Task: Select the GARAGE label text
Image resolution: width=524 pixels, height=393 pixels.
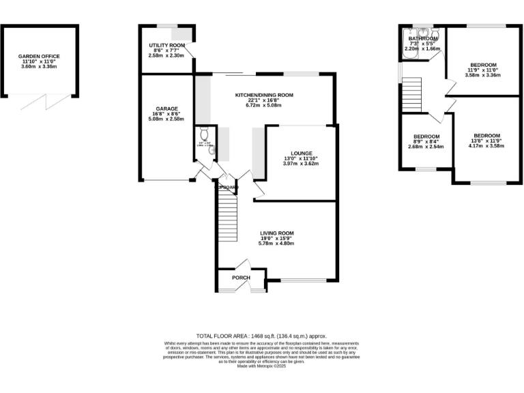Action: coord(166,108)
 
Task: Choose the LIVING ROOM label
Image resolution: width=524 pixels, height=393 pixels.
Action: coord(277,233)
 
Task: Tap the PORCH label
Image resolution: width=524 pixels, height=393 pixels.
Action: coord(241,278)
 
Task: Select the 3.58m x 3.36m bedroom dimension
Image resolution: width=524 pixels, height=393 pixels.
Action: coord(482,75)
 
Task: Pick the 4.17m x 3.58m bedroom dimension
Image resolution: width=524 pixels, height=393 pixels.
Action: coord(485,145)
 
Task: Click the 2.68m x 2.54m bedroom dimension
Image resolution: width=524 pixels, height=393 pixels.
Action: coord(426,147)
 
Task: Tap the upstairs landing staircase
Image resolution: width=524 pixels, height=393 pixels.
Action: coord(411,91)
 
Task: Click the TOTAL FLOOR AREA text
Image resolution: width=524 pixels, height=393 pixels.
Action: coord(262,336)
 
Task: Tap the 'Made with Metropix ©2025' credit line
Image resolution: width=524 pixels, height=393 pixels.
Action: coord(262,366)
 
